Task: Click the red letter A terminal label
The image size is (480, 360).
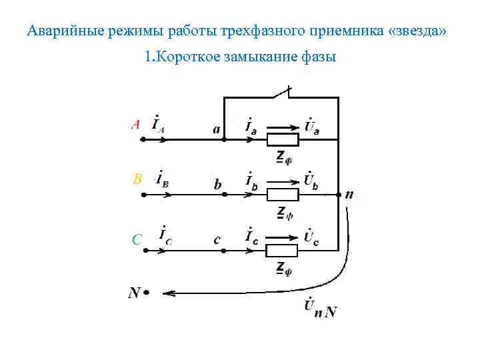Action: pos(135,125)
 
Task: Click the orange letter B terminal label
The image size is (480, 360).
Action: pos(137,179)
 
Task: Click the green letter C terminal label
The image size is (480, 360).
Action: pos(137,239)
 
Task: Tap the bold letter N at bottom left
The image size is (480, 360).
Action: pos(134,293)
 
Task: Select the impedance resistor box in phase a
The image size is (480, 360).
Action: pos(283,140)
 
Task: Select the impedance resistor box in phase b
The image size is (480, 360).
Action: pos(283,195)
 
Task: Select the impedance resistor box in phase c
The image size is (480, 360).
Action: pos(283,251)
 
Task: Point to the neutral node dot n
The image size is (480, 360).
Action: pos(339,195)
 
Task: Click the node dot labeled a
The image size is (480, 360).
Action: pos(224,140)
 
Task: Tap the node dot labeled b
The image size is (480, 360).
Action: pos(224,195)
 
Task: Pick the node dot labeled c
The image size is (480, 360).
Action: pos(224,251)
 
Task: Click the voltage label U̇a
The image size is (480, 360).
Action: pos(311,125)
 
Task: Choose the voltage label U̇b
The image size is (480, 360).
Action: pos(311,179)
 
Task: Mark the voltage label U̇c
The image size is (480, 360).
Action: pos(311,237)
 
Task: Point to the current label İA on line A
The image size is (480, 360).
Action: pos(159,124)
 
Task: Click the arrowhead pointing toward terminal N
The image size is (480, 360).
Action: pos(168,293)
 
